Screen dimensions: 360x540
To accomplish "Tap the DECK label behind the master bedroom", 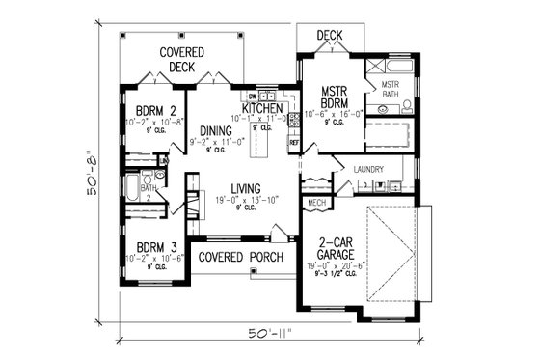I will coord(330,35).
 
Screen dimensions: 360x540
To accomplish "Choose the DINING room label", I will coord(217,131).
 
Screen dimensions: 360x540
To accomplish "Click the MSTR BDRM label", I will coord(339,97).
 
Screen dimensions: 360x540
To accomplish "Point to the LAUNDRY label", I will coord(368,169).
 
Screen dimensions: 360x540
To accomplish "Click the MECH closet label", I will coord(315,204).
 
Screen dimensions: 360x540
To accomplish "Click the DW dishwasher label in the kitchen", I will coord(252,97).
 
